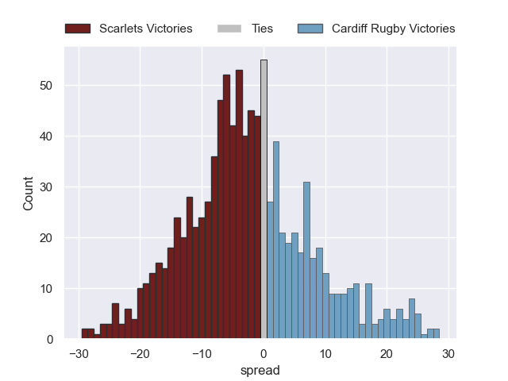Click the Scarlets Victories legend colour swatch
pos(78,29)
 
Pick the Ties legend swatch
pos(229,29)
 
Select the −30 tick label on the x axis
pos(78,354)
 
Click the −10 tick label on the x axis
pos(202,354)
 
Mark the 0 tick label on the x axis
pos(264,354)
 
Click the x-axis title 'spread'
pos(264,370)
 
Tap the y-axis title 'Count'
pos(29,194)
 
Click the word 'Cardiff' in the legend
pos(349,29)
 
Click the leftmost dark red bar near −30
pos(84,334)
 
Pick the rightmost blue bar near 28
pos(436,334)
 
